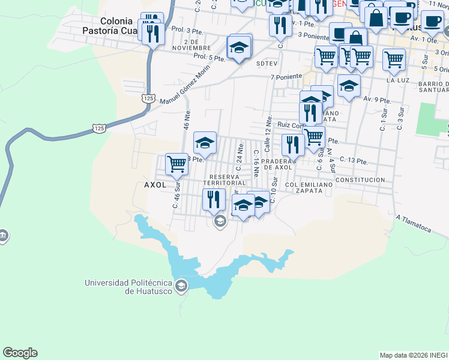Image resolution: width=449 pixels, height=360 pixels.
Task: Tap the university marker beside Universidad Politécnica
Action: click(181, 286)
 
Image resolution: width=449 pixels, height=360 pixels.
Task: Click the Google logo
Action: click(20, 353)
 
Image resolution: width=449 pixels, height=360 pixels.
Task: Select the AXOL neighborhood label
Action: click(155, 185)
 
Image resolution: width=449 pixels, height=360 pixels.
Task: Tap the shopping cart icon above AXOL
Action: click(176, 163)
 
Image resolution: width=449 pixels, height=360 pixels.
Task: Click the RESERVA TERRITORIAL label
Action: click(228, 180)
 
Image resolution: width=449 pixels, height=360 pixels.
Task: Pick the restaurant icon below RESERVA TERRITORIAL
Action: click(214, 199)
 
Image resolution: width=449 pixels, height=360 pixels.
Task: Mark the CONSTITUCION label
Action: click(360, 180)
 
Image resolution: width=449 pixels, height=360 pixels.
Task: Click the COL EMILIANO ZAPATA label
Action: click(309, 187)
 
